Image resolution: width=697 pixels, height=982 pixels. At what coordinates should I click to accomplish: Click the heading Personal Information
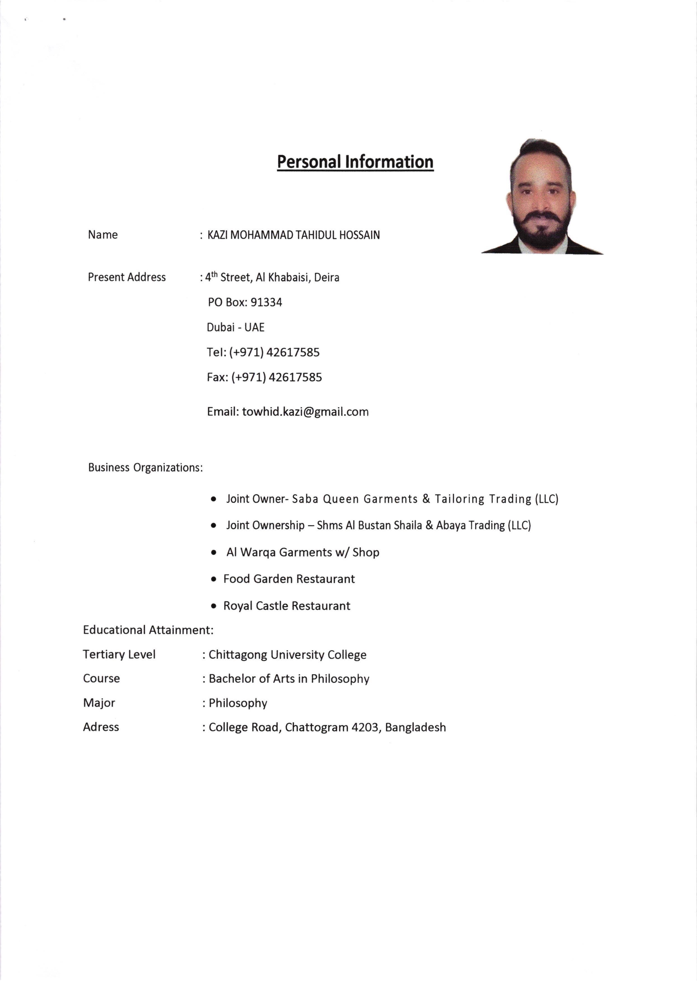355,162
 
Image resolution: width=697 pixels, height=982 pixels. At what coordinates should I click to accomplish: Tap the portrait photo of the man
542,197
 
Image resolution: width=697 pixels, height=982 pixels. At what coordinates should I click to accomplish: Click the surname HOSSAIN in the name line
359,235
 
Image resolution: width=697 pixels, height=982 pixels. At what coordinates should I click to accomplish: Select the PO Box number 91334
266,302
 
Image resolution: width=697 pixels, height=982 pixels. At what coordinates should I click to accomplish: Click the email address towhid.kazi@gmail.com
305,412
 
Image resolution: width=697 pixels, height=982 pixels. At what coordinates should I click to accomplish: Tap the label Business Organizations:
145,467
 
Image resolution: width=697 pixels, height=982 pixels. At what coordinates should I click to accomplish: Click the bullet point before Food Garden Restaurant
214,579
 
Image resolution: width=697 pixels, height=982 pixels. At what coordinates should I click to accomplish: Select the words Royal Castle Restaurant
287,606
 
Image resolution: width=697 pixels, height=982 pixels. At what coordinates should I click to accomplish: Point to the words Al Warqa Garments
279,552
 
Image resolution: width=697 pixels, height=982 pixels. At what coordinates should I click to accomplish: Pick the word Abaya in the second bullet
447,525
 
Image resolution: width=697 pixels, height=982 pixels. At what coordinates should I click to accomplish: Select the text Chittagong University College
287,655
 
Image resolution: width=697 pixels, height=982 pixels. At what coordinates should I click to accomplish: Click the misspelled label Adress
101,727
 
